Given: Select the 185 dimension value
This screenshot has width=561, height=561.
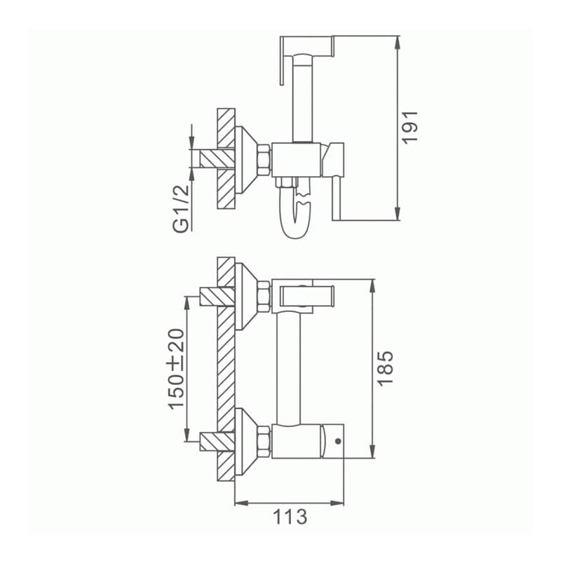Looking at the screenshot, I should [385, 367].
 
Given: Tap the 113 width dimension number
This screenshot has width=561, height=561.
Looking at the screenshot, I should [290, 518].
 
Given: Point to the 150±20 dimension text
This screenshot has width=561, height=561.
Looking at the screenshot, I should [176, 369].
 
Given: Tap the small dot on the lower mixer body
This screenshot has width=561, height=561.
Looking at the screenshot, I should [338, 442].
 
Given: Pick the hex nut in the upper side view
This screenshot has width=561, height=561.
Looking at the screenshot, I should [264, 161].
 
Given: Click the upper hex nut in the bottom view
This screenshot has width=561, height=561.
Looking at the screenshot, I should [264, 296].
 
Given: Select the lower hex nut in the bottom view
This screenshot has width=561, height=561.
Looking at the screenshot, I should [264, 441].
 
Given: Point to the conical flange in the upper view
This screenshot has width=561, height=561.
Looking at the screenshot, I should [245, 160].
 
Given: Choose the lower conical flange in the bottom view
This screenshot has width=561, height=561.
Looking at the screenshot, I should [245, 442].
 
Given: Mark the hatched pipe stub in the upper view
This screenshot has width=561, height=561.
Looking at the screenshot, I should [217, 158].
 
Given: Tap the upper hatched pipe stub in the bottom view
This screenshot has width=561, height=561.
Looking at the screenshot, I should [217, 297].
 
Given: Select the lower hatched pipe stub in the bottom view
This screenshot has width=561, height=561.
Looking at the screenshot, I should [217, 441].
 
